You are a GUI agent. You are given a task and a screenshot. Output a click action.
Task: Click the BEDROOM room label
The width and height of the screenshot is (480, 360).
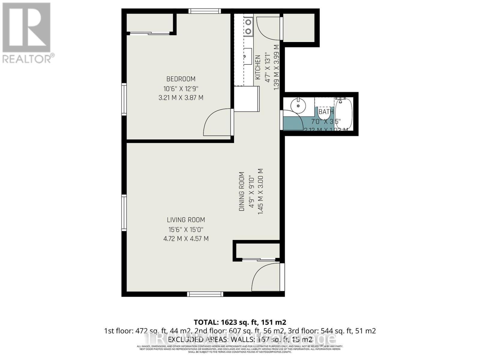coord(181,79)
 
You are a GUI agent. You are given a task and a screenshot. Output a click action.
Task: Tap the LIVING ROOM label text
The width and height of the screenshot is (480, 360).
coord(186,220)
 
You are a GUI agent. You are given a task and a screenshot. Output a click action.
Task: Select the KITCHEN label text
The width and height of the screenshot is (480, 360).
coord(257,67)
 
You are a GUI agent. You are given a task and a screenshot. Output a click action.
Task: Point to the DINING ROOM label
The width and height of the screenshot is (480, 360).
coord(241,191)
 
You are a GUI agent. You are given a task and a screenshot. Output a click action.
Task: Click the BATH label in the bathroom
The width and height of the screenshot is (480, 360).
coord(326,112)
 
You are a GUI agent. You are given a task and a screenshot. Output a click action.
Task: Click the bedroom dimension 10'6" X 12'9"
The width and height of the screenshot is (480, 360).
coord(181,88)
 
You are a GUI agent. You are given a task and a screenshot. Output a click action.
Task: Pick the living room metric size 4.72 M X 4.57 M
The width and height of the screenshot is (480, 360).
coord(186,239)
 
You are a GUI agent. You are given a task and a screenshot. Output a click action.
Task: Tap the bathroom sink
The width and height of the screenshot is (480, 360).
coord(298,105)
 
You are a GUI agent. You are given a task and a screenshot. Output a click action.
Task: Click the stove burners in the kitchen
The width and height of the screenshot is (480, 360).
coord(248,26)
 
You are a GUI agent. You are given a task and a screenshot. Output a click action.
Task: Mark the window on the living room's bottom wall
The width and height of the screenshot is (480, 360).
coord(205,294)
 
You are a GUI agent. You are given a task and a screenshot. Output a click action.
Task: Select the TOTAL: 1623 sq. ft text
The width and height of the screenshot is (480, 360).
coord(240,322)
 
